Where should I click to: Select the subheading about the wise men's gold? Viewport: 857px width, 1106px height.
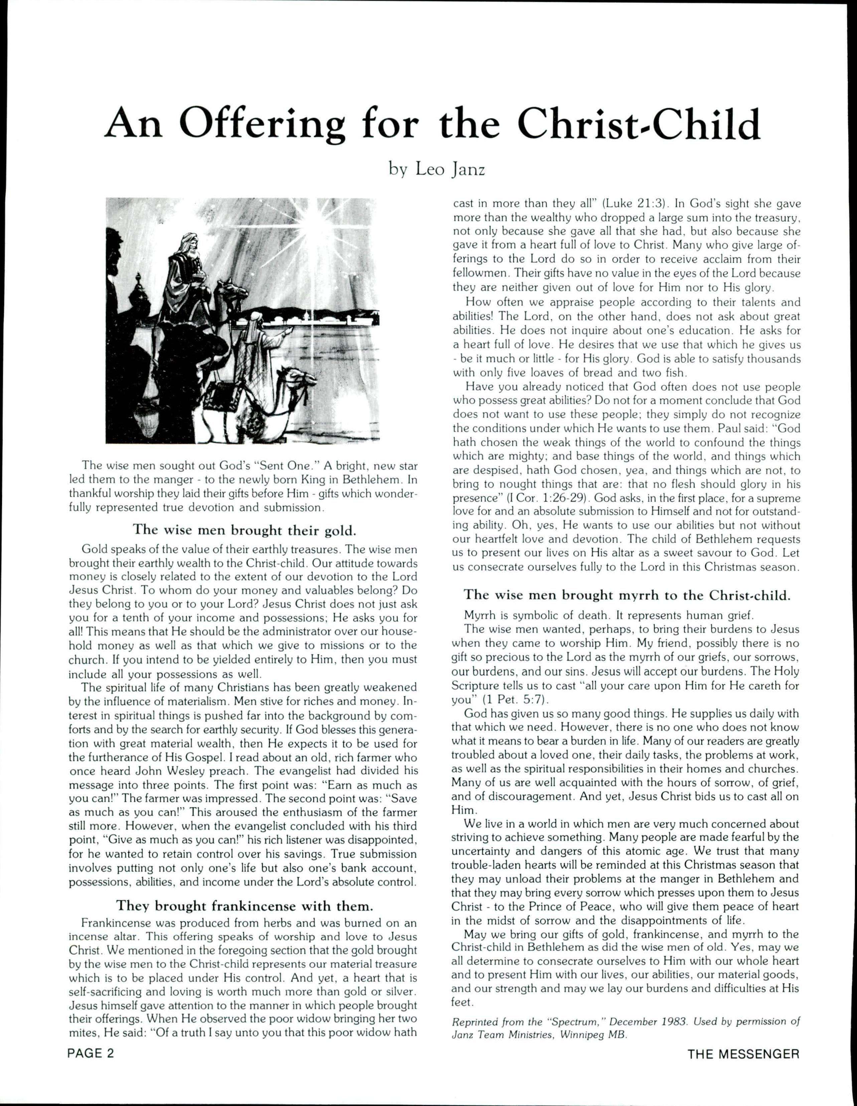[244, 530]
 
